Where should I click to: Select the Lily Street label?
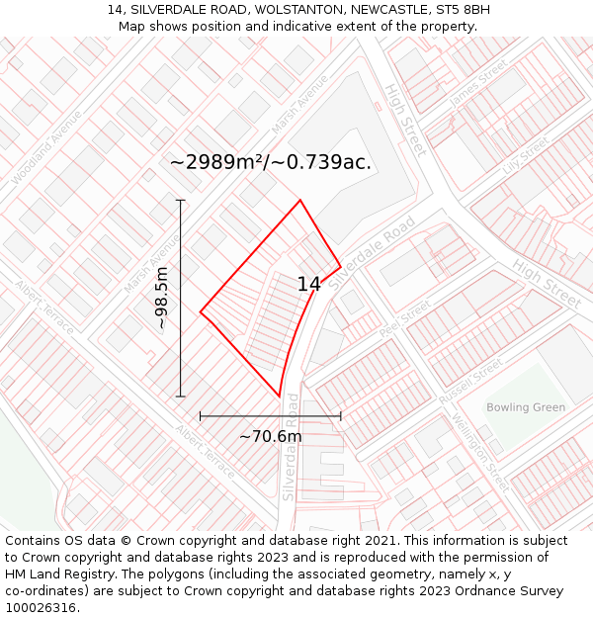pyautogui.click(x=525, y=155)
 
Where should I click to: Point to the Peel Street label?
pyautogui.click(x=404, y=318)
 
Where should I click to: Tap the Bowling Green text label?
pyautogui.click(x=526, y=407)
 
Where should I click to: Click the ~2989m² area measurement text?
pyautogui.click(x=270, y=163)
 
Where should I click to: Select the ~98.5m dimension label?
pyautogui.click(x=162, y=298)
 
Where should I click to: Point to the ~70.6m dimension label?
pyautogui.click(x=270, y=436)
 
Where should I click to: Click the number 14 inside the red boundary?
pyautogui.click(x=308, y=285)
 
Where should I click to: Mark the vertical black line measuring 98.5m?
pyautogui.click(x=181, y=298)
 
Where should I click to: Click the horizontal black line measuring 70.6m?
pyautogui.click(x=270, y=416)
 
